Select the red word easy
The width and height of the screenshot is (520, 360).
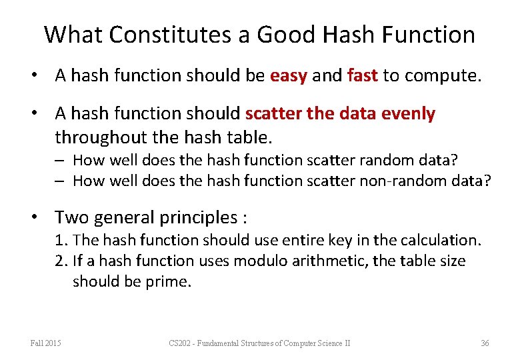(x=288, y=76)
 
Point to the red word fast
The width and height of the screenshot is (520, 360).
(x=363, y=76)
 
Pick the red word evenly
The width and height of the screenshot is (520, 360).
(x=408, y=114)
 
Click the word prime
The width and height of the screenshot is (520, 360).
(x=171, y=281)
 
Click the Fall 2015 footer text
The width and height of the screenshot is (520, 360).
(x=46, y=343)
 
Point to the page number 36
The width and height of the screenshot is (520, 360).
(x=485, y=343)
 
